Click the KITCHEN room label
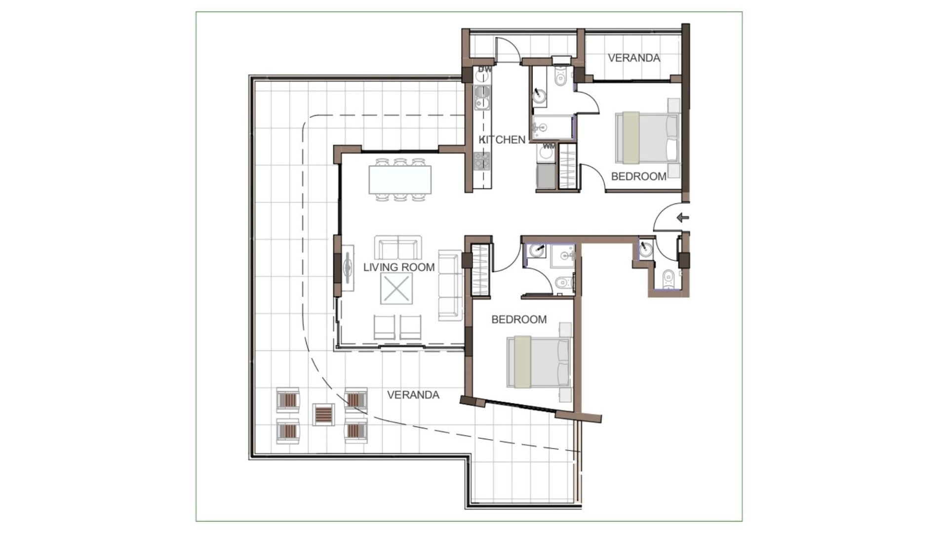pos(503,140)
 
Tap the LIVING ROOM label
pos(399,267)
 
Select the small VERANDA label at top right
pos(634,58)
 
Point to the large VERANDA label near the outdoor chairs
pos(413,395)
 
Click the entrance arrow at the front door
pos(683,217)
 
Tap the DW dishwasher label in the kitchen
pos(485,69)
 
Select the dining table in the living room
pos(400,179)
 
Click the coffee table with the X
pos(396,289)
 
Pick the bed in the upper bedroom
pos(646,137)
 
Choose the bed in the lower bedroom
pos(539,362)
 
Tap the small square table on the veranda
pos(323,414)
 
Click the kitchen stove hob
pos(481,161)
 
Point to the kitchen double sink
pos(482,98)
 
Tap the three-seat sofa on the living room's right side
pos(450,285)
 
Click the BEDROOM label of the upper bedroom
pos(638,176)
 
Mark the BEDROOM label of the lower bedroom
pos(519,320)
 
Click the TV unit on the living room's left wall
pos(348,268)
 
